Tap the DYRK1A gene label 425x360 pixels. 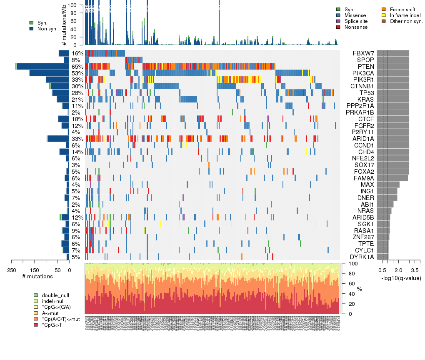[361, 257]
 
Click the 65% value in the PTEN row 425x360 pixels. [77, 67]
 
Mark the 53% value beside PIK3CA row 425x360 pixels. [77, 73]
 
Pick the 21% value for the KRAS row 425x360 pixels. [77, 100]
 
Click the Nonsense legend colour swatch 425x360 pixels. [338, 27]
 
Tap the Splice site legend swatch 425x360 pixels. [338, 21]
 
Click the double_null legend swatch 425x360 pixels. [36, 295]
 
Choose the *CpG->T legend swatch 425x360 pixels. [36, 325]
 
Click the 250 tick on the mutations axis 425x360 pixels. [11, 270]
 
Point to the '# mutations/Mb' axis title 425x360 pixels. [64, 25]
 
